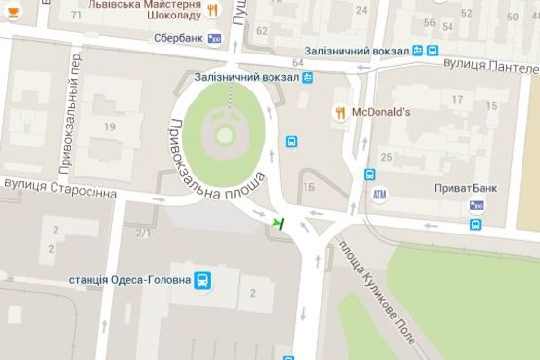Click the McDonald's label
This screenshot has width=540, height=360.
[380, 112]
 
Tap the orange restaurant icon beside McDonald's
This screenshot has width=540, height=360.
[340, 112]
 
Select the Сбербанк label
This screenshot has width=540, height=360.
[178, 38]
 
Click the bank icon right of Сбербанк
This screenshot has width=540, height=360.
[215, 38]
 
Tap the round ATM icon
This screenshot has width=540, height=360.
[379, 194]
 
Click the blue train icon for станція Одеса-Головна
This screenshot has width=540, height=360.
[201, 280]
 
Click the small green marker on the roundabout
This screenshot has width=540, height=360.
[278, 224]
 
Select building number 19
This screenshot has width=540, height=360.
[110, 126]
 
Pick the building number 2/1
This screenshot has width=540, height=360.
[143, 232]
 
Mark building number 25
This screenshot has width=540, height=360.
[386, 156]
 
